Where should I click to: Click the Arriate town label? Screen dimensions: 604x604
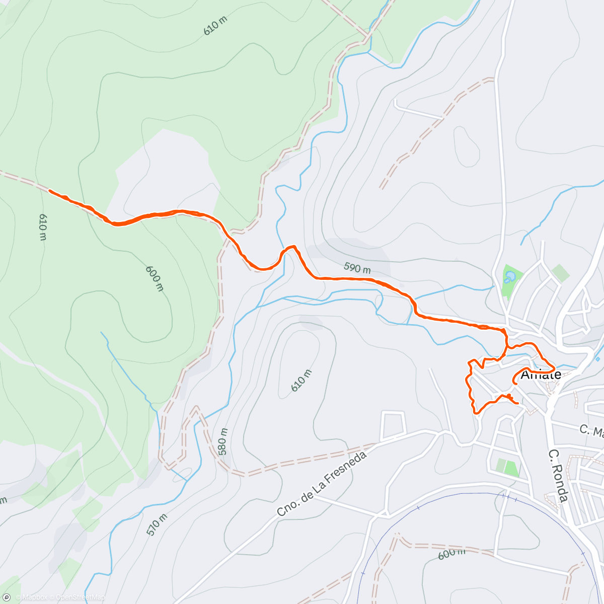tap(541, 374)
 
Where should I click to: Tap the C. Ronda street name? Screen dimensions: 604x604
tap(558, 476)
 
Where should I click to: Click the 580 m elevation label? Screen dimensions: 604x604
tap(223, 441)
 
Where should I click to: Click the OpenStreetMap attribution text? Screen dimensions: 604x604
tap(80, 597)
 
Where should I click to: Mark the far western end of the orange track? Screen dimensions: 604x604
tap(49, 191)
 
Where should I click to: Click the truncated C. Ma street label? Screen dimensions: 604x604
tap(591, 430)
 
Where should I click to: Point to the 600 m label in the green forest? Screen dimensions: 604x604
tap(155, 278)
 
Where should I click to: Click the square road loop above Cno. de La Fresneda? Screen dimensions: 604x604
tap(393, 425)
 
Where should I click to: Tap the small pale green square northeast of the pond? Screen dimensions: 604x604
tap(561, 272)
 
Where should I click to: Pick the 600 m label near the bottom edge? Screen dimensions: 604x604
tap(451, 552)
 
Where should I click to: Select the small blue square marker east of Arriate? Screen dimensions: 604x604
tap(597, 359)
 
